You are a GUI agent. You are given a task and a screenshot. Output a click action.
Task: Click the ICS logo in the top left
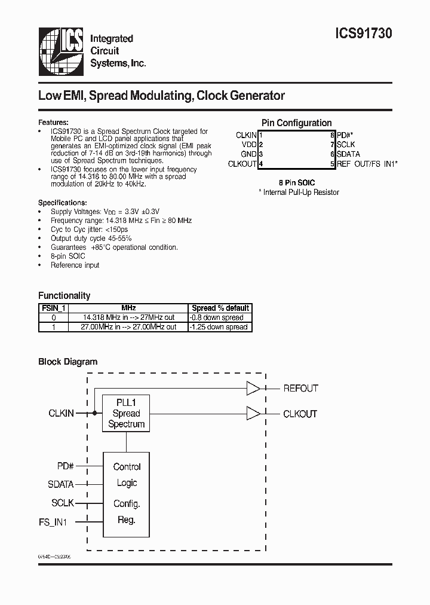click(61, 50)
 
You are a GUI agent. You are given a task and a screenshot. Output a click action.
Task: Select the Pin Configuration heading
click(297, 123)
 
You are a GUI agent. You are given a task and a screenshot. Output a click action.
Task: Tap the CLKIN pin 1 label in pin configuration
click(246, 135)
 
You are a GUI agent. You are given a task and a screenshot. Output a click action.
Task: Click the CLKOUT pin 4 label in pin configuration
click(242, 164)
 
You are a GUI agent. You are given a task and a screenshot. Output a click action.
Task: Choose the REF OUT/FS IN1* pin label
click(367, 164)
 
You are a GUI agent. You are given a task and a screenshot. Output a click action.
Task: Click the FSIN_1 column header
click(53, 308)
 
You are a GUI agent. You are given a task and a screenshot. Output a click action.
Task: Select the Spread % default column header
click(220, 308)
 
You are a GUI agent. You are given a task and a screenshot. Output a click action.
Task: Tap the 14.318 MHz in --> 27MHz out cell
click(129, 317)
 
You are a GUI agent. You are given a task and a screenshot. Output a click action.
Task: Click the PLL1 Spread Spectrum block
click(126, 413)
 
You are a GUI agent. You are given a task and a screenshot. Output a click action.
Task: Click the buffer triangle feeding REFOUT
click(253, 389)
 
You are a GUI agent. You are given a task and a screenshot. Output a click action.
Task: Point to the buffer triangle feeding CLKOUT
click(253, 413)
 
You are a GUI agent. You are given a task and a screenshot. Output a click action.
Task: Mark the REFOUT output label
click(300, 389)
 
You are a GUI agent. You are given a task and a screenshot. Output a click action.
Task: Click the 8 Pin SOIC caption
click(297, 182)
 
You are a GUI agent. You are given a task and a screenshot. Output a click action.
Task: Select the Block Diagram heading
click(67, 362)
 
